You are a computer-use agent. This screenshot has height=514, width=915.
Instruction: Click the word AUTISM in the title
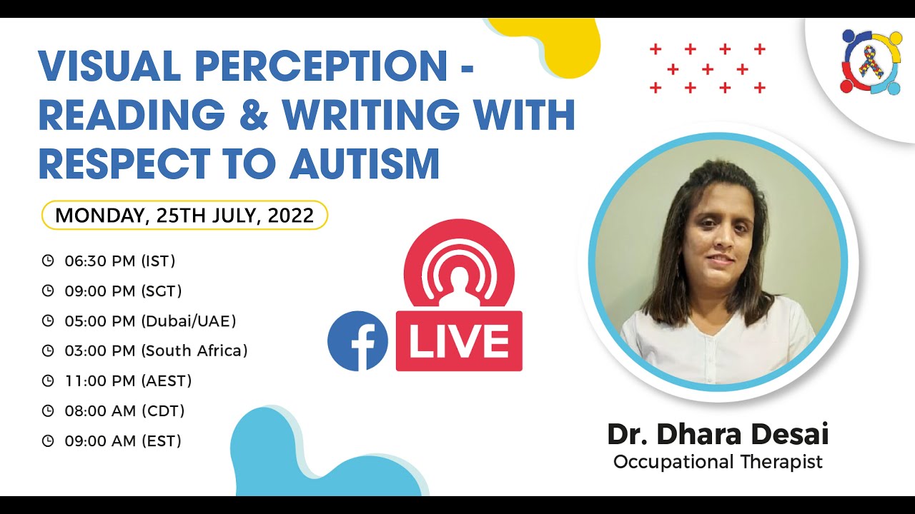(365, 163)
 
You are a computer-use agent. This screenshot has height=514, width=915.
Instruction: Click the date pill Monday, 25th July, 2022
(184, 216)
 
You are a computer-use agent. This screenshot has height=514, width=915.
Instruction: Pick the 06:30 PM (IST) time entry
(119, 261)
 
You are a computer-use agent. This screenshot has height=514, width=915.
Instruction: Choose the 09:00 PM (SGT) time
(123, 291)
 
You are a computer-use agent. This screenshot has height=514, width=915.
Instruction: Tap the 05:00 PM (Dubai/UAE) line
(150, 321)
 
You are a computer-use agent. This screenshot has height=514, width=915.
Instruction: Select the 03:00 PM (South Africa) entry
(156, 351)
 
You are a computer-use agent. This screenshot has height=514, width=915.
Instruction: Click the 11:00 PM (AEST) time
(128, 381)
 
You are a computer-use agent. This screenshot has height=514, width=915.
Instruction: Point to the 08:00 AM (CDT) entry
(124, 411)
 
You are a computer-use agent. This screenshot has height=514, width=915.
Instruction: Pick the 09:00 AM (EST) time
(123, 441)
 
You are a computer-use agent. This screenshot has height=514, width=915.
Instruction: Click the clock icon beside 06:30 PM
(48, 261)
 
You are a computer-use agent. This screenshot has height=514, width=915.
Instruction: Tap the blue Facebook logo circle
(357, 341)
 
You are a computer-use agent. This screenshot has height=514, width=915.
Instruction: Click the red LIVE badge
(459, 341)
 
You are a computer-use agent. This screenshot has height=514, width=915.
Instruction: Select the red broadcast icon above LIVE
(459, 266)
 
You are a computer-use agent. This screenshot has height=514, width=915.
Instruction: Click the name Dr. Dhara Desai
(718, 434)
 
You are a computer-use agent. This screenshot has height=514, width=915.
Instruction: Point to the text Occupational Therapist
(718, 462)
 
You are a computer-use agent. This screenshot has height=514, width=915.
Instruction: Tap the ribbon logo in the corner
(871, 61)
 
